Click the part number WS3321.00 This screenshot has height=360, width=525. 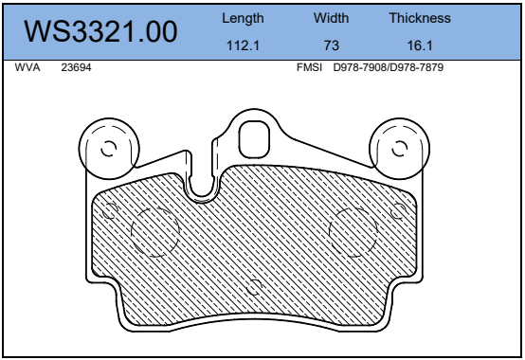pos(100,31)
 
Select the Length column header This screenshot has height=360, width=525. pos(243,18)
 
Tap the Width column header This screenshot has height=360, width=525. pos(331,18)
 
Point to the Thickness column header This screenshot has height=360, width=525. pos(420,18)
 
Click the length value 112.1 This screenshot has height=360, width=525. pos(243,45)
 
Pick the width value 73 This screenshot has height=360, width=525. pos(332,45)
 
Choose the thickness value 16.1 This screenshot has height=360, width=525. pos(420,45)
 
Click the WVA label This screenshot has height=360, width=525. pos(27,67)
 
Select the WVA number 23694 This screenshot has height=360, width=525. pos(76,67)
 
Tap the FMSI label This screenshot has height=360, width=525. pos(309,67)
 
